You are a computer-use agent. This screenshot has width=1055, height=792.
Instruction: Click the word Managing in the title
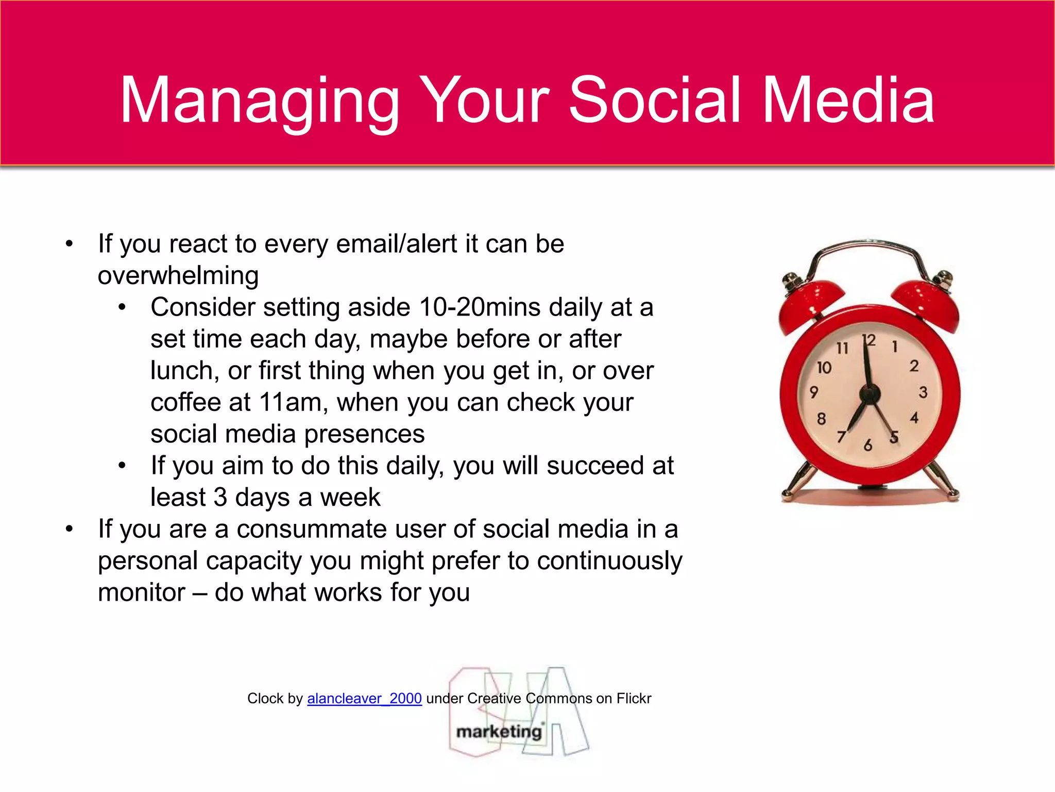[x=260, y=101]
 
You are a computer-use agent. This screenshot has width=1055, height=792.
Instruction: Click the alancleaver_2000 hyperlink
[x=364, y=698]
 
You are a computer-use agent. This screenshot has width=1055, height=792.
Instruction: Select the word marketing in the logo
[x=499, y=732]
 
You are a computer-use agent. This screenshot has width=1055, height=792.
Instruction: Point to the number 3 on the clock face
[x=923, y=392]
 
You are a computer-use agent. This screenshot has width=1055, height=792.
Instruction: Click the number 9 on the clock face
[x=814, y=392]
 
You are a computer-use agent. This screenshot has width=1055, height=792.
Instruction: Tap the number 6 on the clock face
[x=868, y=445]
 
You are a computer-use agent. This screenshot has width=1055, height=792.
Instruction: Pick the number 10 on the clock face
[x=824, y=368]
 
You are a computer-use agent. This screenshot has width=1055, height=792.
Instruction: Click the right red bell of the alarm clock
[x=927, y=304]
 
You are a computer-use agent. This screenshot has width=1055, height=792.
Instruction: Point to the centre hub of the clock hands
[x=870, y=395]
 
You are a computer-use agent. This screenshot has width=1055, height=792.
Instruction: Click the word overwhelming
[x=178, y=276]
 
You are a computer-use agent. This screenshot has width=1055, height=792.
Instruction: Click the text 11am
[x=291, y=402]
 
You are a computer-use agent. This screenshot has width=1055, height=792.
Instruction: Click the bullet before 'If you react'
[x=70, y=244]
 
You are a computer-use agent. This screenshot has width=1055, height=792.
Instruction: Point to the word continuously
[x=609, y=561]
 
